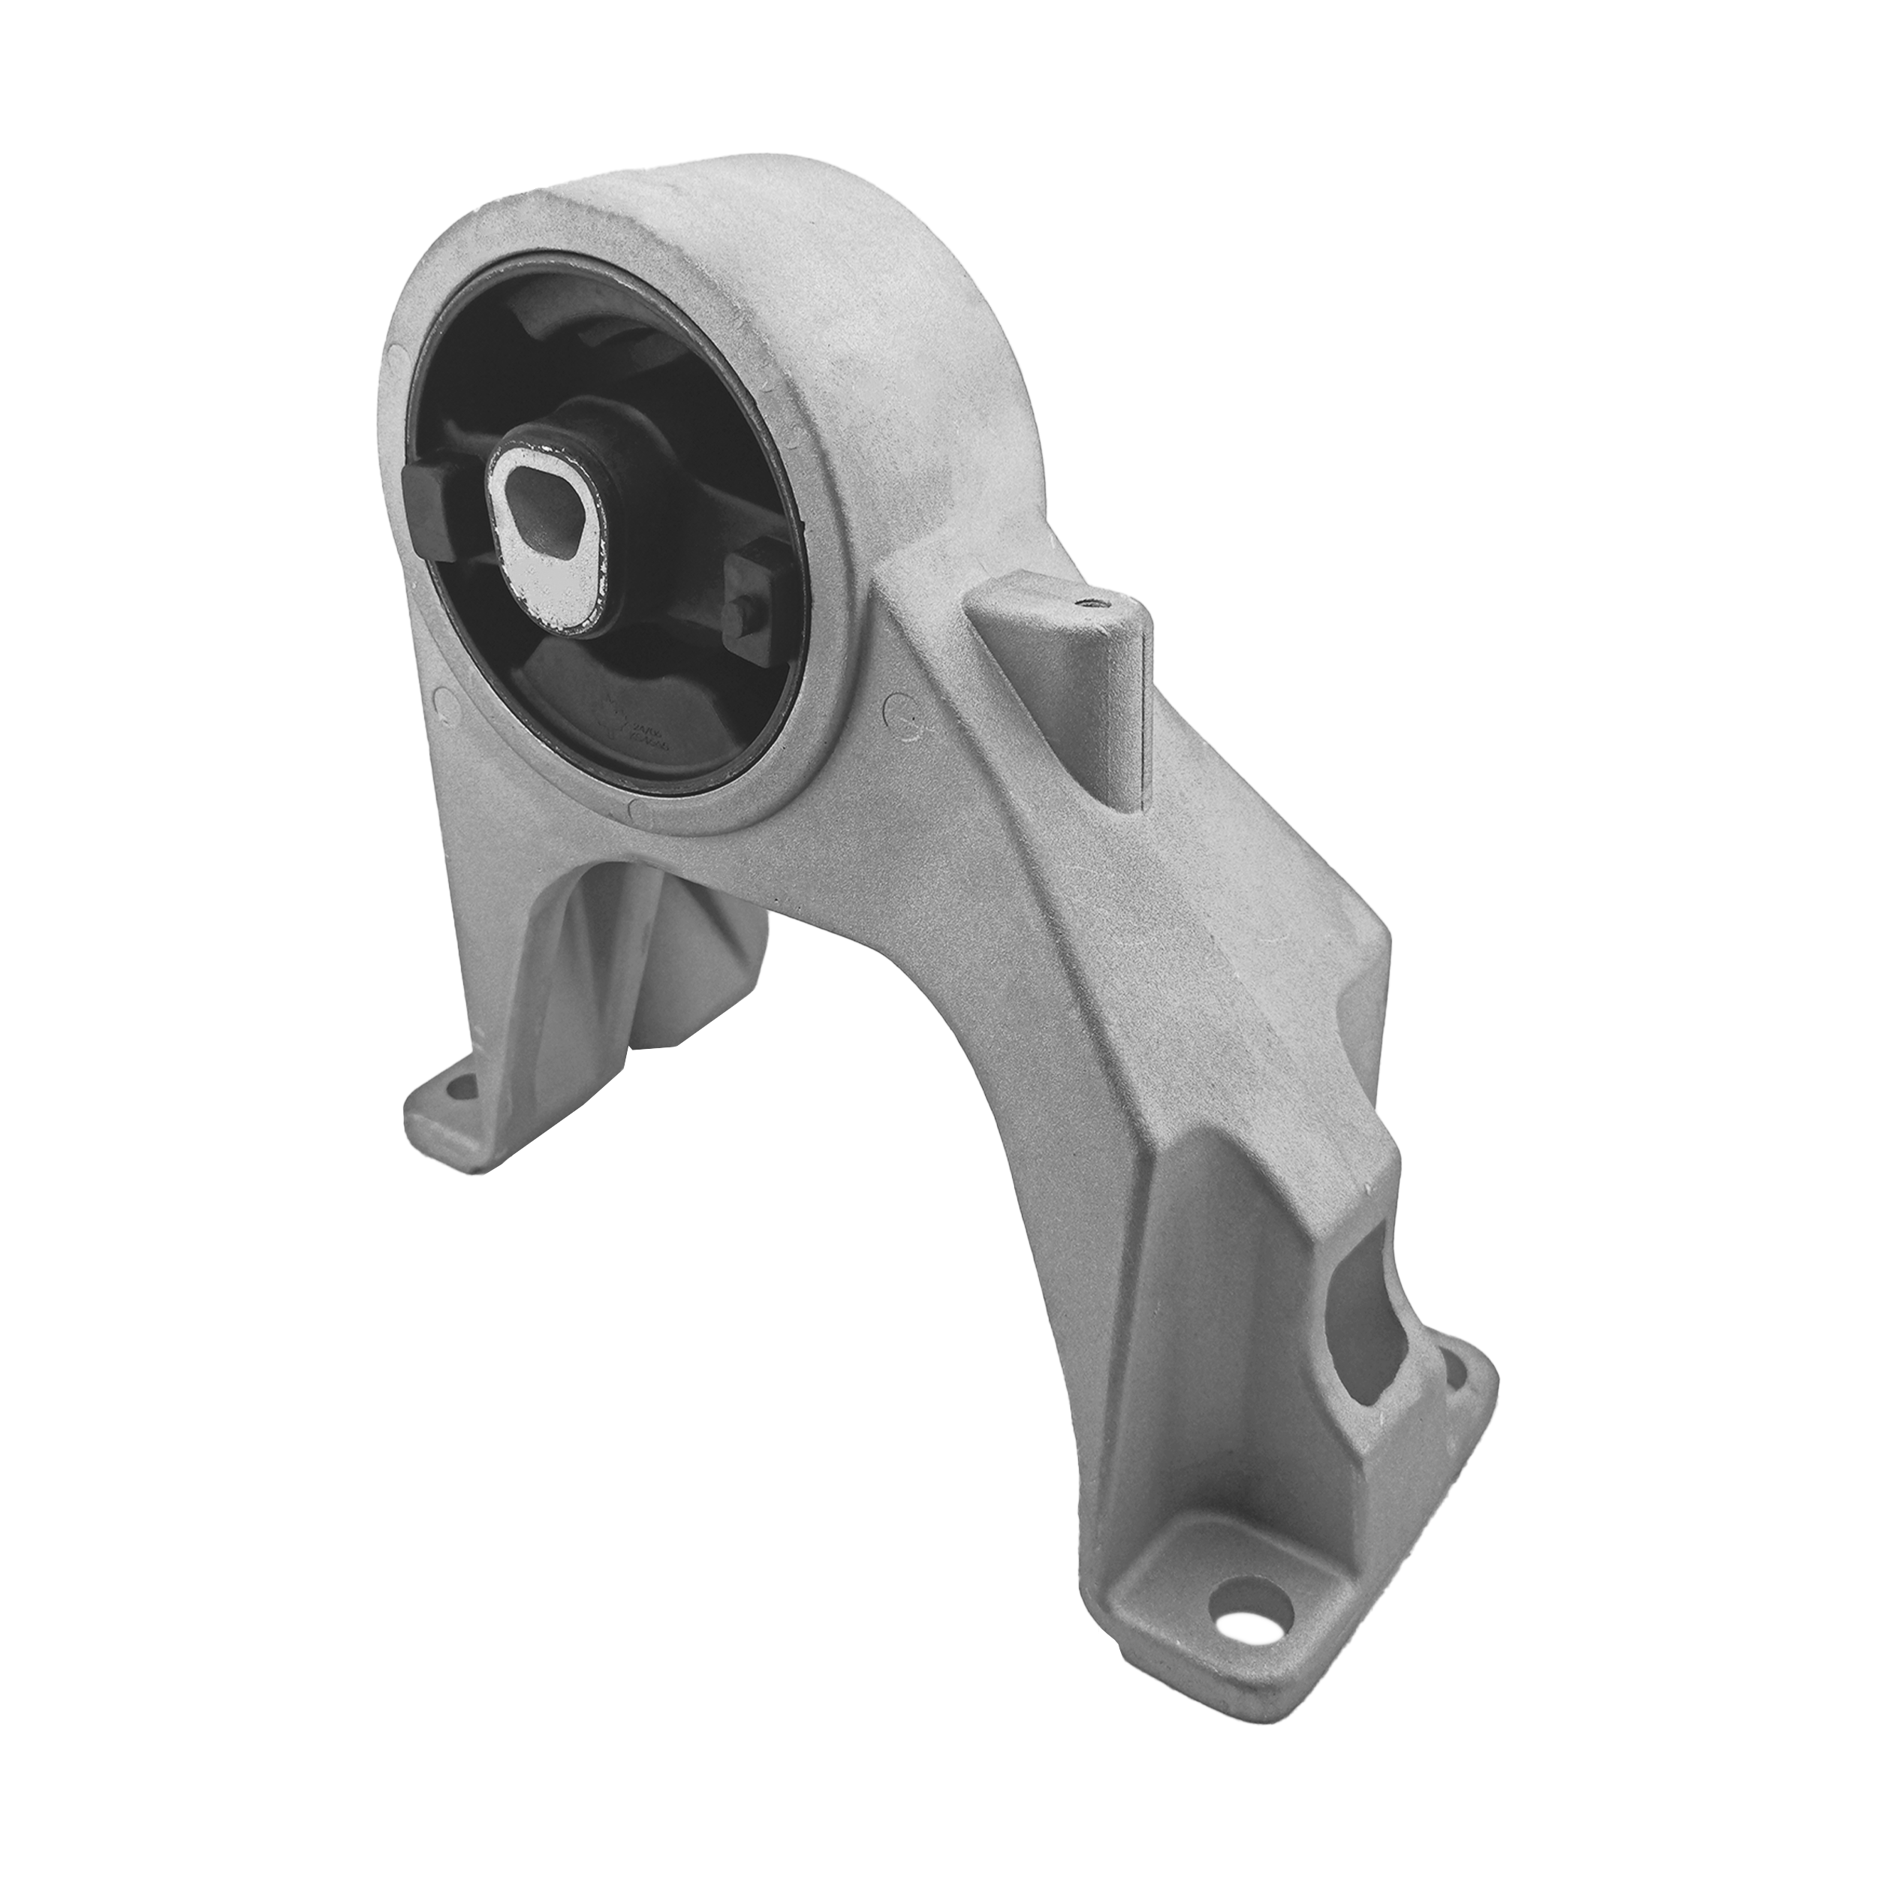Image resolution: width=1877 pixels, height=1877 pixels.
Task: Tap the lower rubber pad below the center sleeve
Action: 583,700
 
